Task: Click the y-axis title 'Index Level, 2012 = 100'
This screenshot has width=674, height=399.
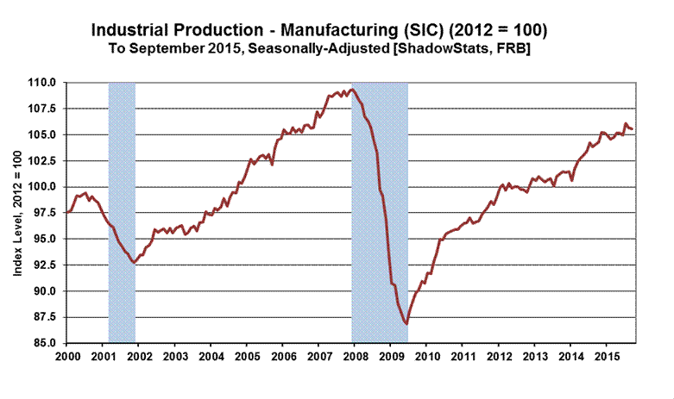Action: click(17, 212)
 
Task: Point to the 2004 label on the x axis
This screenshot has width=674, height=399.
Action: click(211, 355)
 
